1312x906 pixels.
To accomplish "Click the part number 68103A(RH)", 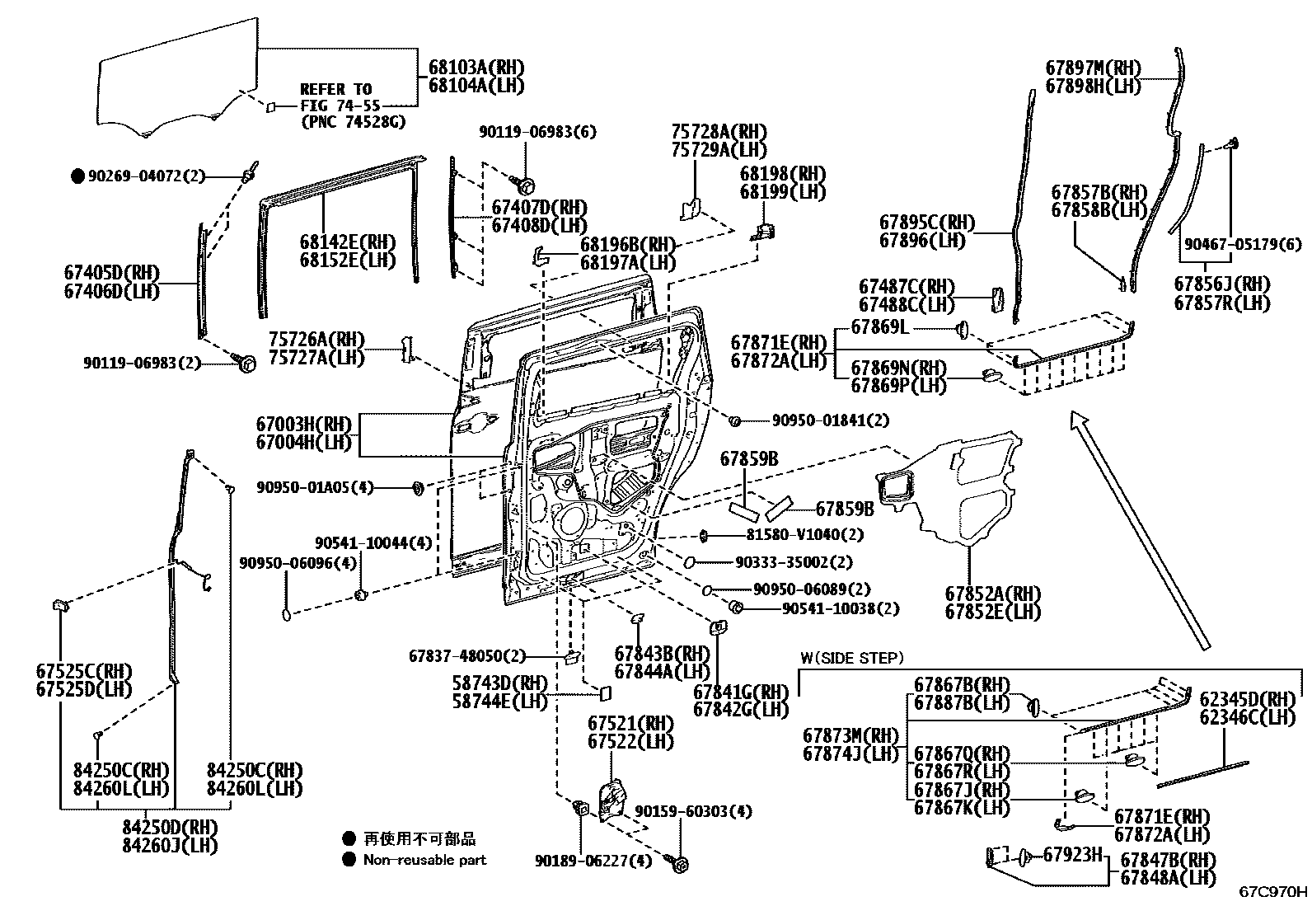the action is [x=476, y=68].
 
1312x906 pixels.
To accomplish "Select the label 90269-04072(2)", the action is [x=147, y=176].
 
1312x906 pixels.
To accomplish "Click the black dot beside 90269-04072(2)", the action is [x=77, y=176].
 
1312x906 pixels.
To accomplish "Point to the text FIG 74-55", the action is [x=340, y=106].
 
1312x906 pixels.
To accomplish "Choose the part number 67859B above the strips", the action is [x=749, y=459].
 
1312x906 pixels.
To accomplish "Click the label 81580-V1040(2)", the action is [x=805, y=534].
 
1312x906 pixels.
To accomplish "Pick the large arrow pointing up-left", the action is [x=1139, y=530].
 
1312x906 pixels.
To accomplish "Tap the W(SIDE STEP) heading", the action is [x=852, y=658].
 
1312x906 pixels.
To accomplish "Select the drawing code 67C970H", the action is [x=1272, y=892].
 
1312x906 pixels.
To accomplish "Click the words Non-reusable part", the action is [x=424, y=860].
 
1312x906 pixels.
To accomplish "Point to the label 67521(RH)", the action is [x=630, y=724].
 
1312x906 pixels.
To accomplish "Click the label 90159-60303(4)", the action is [x=693, y=811].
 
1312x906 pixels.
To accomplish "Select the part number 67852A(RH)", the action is [x=993, y=594].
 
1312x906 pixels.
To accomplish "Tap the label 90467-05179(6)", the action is [x=1243, y=244].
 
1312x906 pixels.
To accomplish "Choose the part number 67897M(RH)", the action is [x=1094, y=68].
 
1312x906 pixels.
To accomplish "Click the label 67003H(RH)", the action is [x=303, y=424].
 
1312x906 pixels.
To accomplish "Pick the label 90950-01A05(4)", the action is [x=315, y=487].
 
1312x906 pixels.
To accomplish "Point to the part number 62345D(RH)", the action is [x=1248, y=699].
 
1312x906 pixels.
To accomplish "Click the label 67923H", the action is [x=1073, y=855].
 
